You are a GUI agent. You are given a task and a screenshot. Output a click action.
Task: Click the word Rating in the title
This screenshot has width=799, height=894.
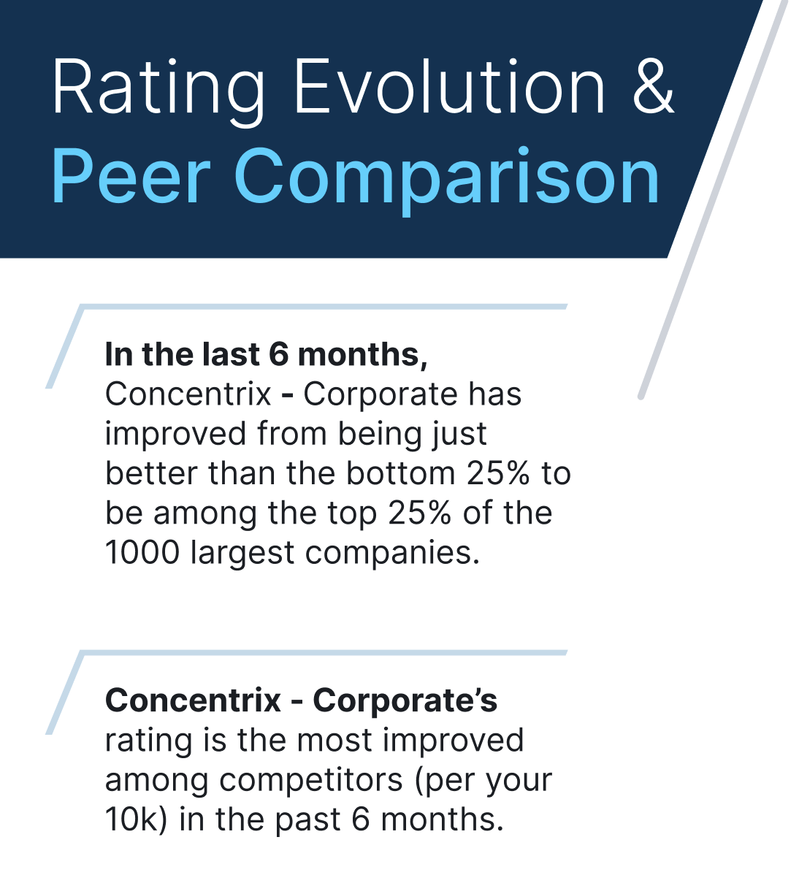click(x=158, y=91)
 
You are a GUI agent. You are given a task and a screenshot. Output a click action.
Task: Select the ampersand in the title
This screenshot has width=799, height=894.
click(x=654, y=86)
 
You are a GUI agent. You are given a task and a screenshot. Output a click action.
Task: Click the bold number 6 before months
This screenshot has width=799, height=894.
click(x=278, y=354)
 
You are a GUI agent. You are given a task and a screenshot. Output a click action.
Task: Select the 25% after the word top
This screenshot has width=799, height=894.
click(x=419, y=513)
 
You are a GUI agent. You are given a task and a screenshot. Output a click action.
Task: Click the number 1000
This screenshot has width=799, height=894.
click(x=142, y=552)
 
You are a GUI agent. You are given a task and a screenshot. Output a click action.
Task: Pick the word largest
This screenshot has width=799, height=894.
click(x=242, y=554)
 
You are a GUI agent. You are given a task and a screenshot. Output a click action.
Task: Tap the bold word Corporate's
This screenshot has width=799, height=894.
click(x=405, y=702)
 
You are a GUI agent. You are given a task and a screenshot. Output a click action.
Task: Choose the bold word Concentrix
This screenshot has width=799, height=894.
click(x=193, y=700)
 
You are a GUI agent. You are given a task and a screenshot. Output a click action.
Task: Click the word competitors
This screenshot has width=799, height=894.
click(x=311, y=781)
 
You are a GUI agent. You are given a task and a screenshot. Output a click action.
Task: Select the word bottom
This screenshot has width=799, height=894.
click(x=401, y=473)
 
